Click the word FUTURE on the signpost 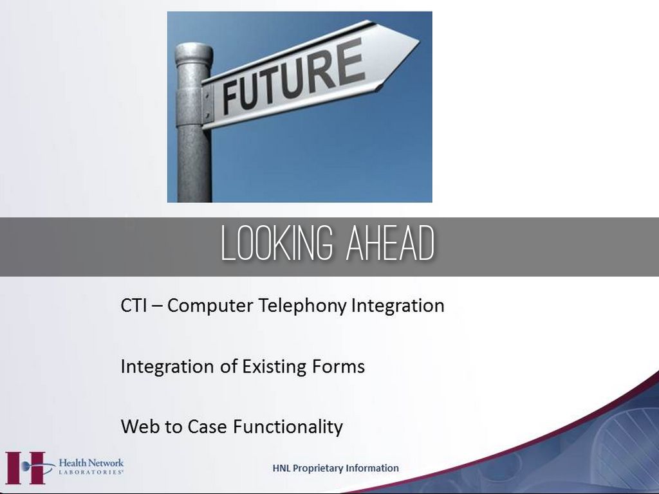click(x=293, y=77)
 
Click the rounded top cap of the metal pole click(x=194, y=53)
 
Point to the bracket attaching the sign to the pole click(x=208, y=104)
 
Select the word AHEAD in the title click(x=390, y=243)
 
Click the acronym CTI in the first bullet click(x=134, y=306)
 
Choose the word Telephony click(x=302, y=306)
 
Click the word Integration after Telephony click(x=398, y=306)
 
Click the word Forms click(x=339, y=366)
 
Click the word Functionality click(x=288, y=427)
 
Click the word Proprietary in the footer click(x=323, y=468)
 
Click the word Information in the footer click(x=378, y=468)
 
